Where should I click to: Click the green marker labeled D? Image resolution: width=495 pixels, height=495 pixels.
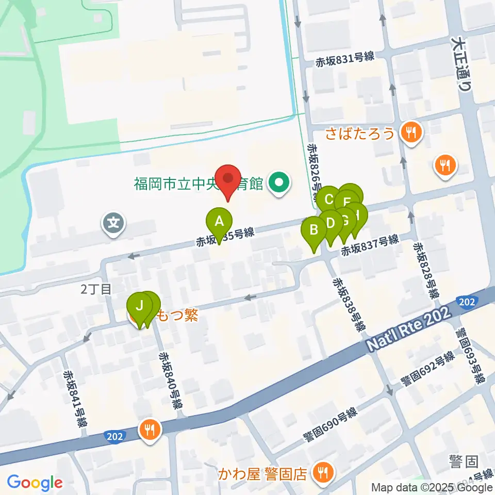click(x=331, y=223)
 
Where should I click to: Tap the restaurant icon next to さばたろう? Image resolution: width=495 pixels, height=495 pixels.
click(x=411, y=134)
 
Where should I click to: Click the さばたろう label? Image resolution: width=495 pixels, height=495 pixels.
click(x=360, y=135)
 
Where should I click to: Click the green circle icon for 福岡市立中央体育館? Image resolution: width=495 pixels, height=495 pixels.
click(x=279, y=182)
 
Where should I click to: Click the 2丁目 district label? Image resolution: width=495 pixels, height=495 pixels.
click(x=96, y=289)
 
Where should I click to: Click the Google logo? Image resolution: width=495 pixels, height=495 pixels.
click(x=35, y=483)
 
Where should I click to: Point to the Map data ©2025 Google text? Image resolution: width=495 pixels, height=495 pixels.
click(x=432, y=487)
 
